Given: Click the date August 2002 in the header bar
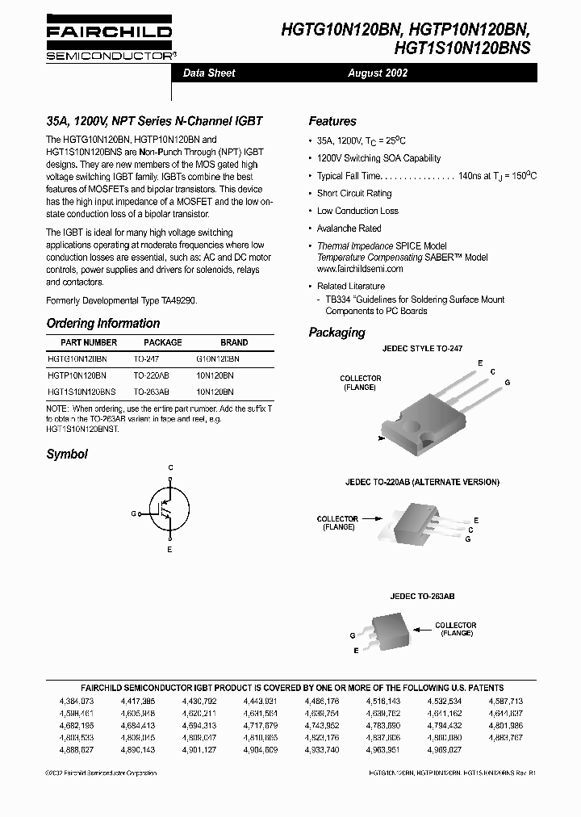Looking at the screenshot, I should click(378, 73).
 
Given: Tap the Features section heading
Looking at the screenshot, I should click(332, 121).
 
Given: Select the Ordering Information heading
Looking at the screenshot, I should click(103, 323).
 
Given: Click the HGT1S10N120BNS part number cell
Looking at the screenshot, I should click(82, 390).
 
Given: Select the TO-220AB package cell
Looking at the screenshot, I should click(152, 375).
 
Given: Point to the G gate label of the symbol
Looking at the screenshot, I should click(134, 513).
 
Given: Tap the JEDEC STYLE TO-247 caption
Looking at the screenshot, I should click(423, 348).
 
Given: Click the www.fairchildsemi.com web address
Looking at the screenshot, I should click(359, 268).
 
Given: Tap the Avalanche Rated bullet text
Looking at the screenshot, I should click(349, 228).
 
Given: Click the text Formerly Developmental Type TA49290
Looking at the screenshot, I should click(121, 300).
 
